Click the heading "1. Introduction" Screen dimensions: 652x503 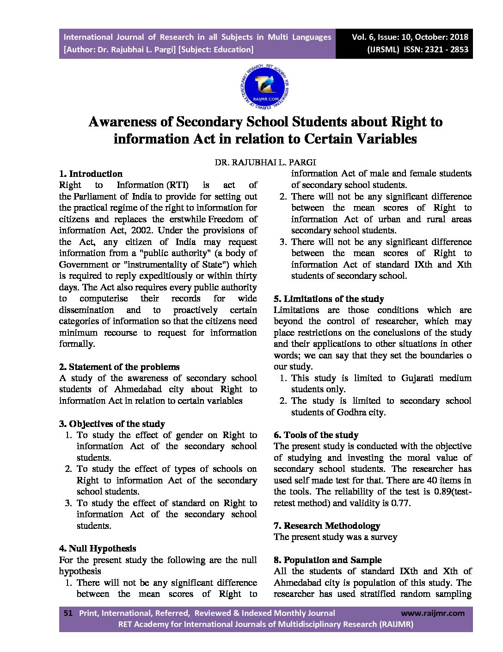click(91, 174)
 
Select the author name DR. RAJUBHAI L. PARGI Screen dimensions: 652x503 click(265, 163)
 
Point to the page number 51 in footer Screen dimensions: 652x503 click(68, 613)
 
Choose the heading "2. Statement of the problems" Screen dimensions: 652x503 click(119, 367)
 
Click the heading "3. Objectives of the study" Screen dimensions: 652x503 click(112, 424)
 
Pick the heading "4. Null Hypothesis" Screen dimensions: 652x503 click(98, 549)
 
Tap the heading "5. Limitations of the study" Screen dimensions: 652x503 click(329, 299)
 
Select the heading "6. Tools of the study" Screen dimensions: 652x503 click(316, 435)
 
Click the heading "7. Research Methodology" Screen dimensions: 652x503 click(327, 526)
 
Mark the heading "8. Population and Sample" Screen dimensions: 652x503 click(328, 560)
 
